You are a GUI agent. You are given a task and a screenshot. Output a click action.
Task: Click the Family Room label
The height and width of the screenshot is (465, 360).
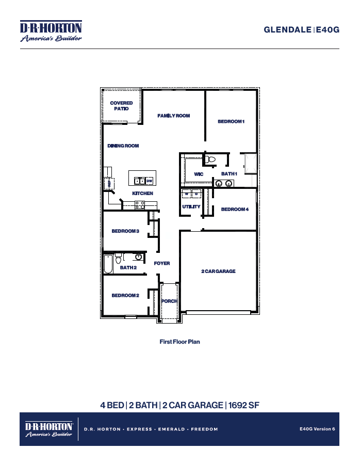(174, 116)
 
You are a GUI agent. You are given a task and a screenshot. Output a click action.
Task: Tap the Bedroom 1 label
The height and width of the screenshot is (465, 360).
(231, 121)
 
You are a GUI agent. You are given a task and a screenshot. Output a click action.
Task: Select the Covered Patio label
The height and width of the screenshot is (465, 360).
(121, 106)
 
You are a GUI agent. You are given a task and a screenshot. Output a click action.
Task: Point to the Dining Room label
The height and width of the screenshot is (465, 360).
(123, 146)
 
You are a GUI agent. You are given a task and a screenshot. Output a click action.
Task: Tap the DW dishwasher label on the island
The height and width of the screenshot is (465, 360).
(149, 181)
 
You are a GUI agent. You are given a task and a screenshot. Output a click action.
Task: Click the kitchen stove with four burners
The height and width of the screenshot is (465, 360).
(140, 205)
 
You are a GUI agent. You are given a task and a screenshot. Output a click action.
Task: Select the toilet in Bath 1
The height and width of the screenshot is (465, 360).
(209, 160)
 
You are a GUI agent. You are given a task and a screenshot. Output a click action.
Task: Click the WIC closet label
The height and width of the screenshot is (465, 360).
(199, 174)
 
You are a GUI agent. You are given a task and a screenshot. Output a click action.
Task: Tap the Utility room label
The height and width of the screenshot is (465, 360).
(191, 207)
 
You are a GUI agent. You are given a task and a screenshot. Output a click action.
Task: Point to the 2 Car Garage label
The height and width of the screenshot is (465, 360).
(218, 271)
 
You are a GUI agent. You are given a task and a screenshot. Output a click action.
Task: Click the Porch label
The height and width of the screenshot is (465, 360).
(169, 301)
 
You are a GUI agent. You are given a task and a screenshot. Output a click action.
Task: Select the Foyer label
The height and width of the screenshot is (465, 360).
(162, 263)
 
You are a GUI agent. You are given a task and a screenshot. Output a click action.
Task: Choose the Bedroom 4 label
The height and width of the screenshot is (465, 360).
(235, 210)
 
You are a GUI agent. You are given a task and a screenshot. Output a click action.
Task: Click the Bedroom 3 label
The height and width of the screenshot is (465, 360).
(125, 231)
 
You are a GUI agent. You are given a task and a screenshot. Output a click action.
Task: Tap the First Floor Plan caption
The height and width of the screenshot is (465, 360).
(179, 342)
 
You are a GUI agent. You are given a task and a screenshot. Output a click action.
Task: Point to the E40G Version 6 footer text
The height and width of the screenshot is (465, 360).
(317, 429)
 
